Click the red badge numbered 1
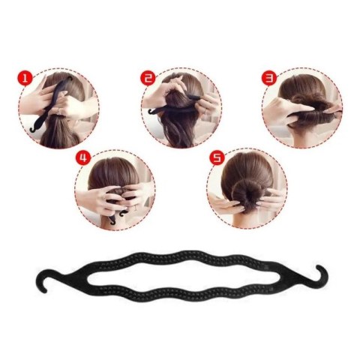[25, 78]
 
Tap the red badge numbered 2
[148, 78]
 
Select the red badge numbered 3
[269, 78]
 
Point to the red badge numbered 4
[83, 157]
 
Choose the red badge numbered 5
[217, 157]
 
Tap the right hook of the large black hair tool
[321, 276]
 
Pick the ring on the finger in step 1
[58, 110]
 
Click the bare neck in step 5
[246, 220]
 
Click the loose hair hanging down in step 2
[178, 130]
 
